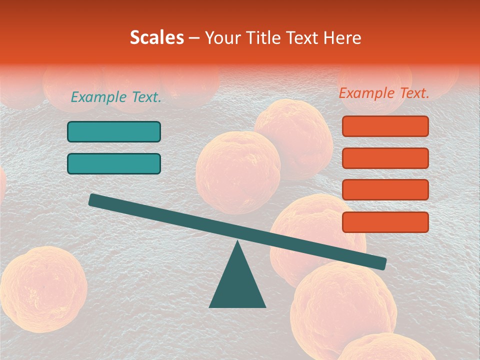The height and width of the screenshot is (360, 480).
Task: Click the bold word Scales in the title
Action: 156,37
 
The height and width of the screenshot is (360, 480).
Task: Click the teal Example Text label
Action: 116,97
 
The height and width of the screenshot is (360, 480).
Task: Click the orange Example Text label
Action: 384,93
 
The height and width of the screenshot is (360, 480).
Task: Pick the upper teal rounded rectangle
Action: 114,131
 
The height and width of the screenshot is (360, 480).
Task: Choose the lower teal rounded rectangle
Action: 114,163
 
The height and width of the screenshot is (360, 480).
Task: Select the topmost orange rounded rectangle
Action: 385,126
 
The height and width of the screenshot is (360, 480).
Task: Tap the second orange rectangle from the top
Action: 385,158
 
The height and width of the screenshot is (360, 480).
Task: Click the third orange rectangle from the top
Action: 385,190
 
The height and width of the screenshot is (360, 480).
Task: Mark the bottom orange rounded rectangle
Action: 385,222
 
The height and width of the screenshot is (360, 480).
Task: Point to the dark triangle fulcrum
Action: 237,282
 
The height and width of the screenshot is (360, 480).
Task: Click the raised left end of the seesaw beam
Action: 94,200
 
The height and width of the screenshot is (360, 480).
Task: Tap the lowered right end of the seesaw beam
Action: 380,263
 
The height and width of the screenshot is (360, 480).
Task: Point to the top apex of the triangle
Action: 237,242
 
